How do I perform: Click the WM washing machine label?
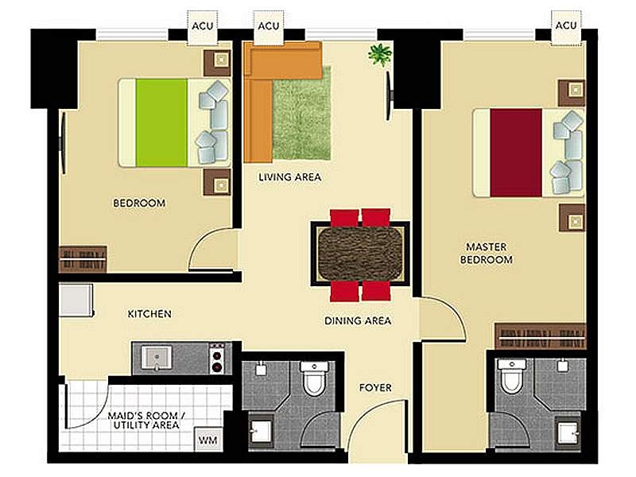point(207,440)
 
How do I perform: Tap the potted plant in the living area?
point(380,54)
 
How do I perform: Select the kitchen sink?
point(157,358)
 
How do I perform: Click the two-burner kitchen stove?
point(218,358)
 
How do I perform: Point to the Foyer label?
point(375,388)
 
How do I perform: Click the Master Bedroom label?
point(486,253)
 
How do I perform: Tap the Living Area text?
point(289,176)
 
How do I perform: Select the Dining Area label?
point(357,321)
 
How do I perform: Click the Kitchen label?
point(149,314)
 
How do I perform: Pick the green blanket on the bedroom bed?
point(161,122)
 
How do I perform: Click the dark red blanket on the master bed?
point(516,153)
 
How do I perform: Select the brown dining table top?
point(361,254)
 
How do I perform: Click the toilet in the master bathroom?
point(512,375)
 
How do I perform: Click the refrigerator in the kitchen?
point(76,301)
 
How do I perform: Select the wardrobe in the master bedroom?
point(541,336)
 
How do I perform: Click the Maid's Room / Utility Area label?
point(146,421)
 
